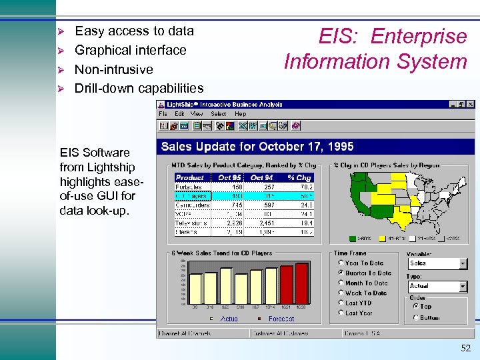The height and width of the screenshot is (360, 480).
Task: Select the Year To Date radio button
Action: [x=341, y=263]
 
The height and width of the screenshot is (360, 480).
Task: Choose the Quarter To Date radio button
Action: [x=341, y=273]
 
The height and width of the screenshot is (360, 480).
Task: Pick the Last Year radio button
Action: [x=341, y=313]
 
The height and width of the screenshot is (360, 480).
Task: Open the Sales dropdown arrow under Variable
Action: [x=463, y=263]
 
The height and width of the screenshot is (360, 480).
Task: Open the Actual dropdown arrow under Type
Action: [x=463, y=286]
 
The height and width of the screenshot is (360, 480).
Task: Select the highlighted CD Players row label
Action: [x=193, y=196]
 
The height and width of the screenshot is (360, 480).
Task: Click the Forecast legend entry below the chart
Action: [x=281, y=319]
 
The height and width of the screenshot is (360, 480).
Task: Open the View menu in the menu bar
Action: [x=197, y=114]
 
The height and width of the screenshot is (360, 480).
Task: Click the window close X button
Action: [x=471, y=105]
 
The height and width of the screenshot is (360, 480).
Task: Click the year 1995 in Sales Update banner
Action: [x=339, y=147]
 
